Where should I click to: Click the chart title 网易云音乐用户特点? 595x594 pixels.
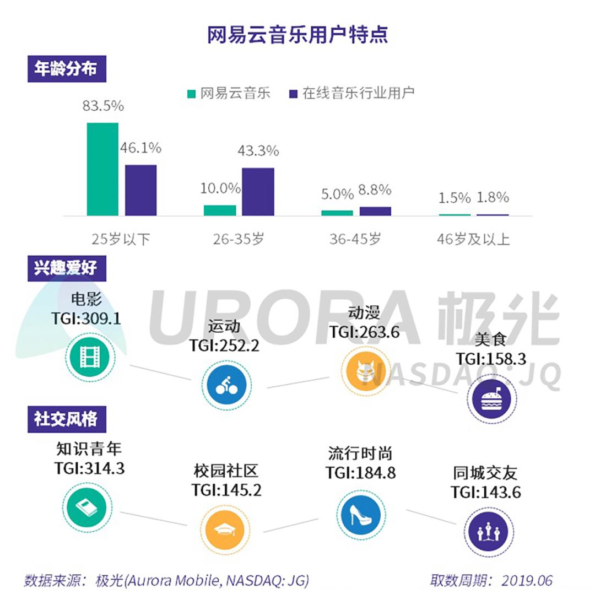point(297,34)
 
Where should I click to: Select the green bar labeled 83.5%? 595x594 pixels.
point(102,169)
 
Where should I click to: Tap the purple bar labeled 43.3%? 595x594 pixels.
point(258,191)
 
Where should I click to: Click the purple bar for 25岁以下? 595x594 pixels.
point(140,190)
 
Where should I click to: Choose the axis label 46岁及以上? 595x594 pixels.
point(473,239)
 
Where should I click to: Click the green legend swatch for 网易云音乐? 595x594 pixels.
point(191,94)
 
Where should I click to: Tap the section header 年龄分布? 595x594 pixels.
point(66,69)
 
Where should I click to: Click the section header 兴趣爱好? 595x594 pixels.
point(66,268)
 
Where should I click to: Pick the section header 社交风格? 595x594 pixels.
point(66,419)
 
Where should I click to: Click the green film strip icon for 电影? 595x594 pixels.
point(88,357)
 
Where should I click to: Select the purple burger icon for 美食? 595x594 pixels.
point(489,399)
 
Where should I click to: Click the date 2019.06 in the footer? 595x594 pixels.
point(527,580)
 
